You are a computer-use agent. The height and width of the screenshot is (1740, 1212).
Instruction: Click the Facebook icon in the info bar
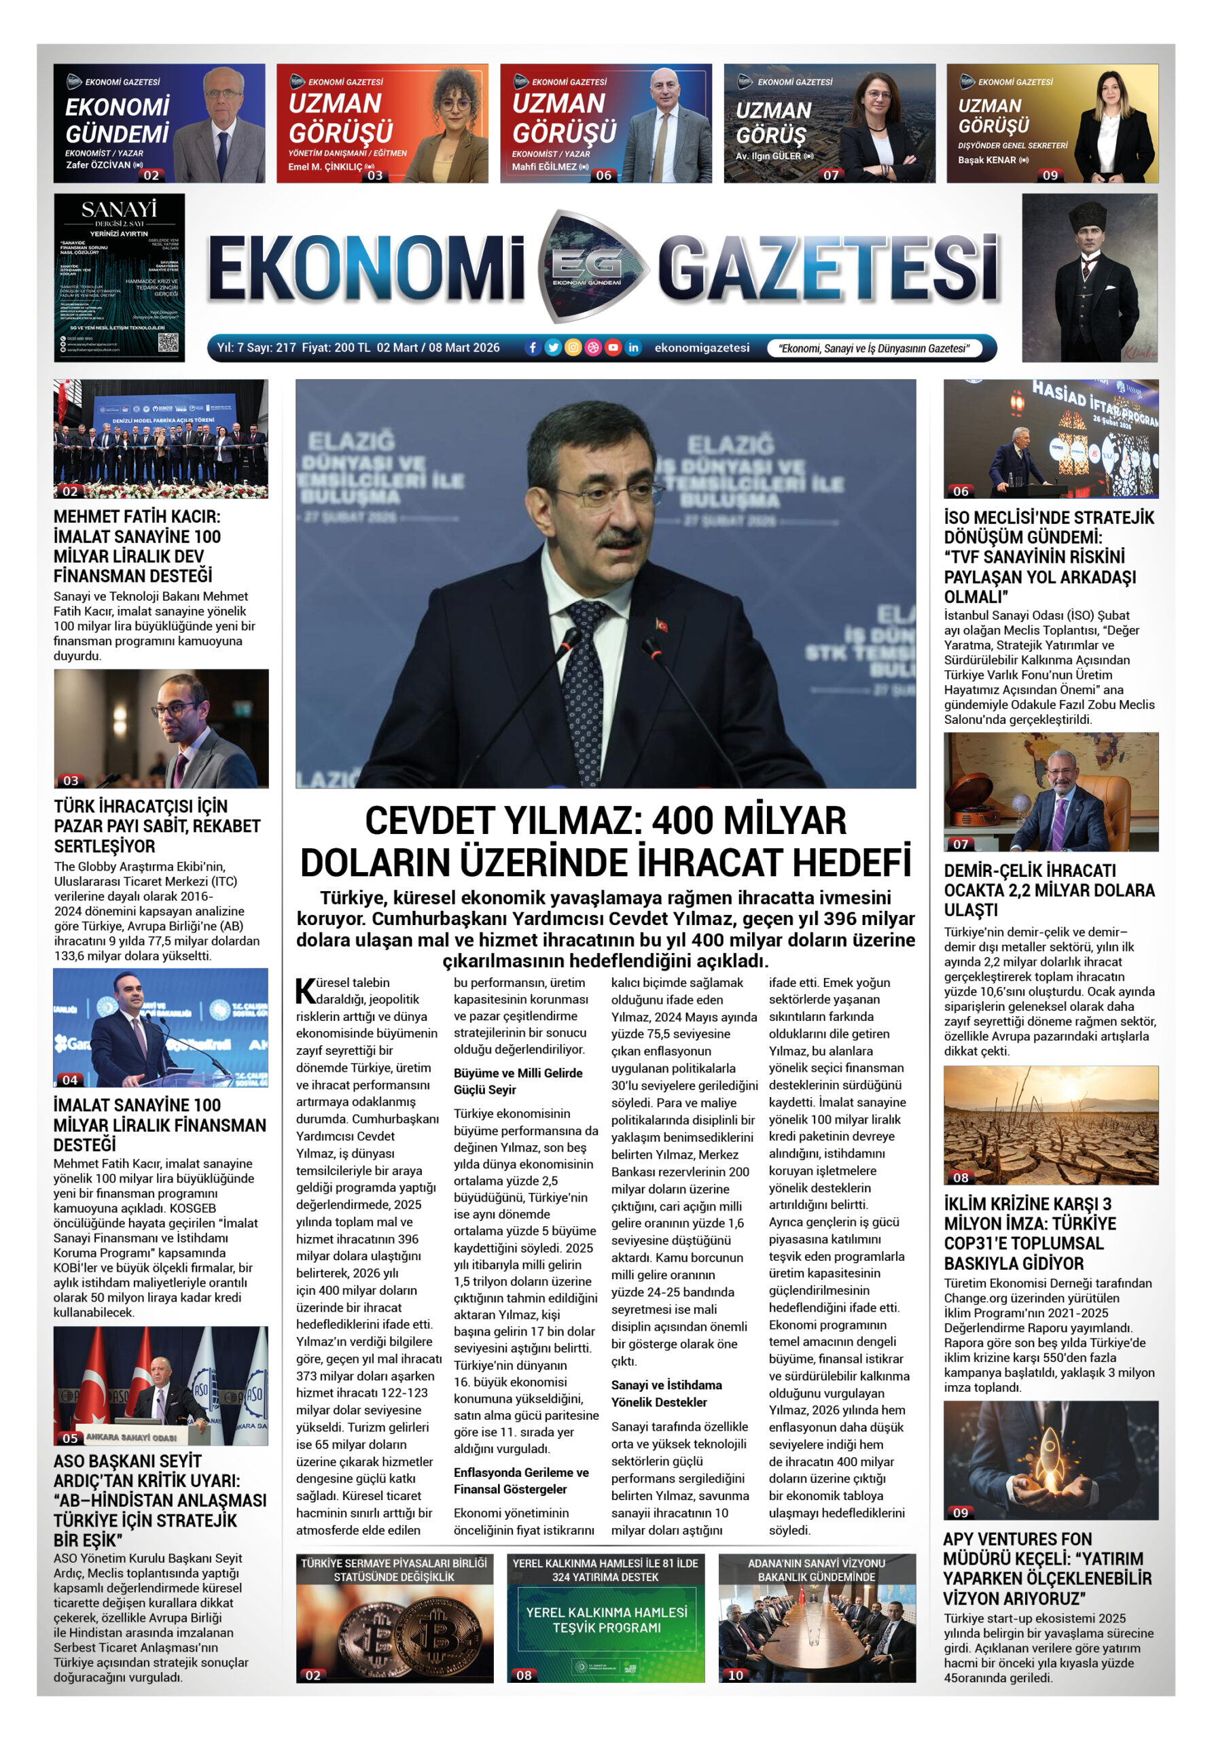[533, 348]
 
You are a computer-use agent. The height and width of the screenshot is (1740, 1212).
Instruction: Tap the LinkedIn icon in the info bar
[633, 348]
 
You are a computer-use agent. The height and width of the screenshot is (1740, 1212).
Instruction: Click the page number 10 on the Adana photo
[736, 1675]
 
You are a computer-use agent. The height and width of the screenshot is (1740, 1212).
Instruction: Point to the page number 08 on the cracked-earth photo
[961, 1178]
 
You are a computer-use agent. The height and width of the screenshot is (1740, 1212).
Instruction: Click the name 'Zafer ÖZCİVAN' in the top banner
[99, 165]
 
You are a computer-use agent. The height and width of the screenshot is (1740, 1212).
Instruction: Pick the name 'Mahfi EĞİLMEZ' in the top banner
[544, 167]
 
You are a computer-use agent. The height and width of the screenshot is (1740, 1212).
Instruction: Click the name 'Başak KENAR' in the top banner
[986, 160]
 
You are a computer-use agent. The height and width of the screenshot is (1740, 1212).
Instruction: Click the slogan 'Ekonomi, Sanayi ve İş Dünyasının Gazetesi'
[874, 349]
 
